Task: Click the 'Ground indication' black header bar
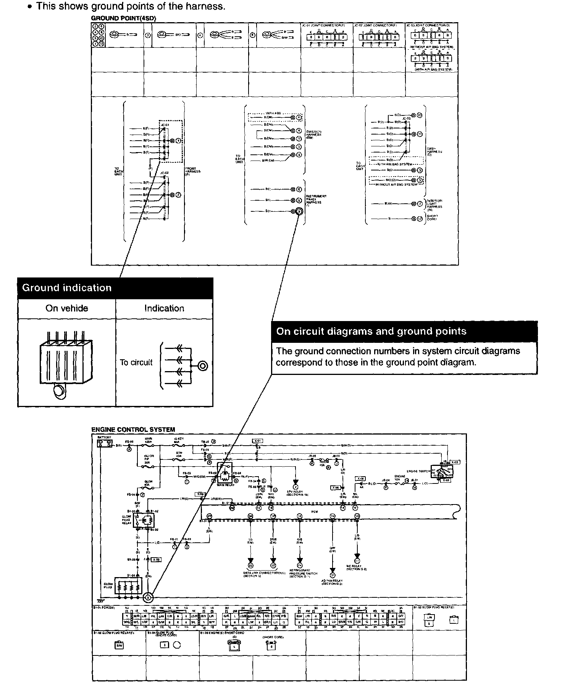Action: tap(115, 288)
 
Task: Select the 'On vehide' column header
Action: tap(66, 308)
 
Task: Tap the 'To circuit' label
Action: tap(136, 362)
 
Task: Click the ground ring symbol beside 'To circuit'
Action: tap(202, 366)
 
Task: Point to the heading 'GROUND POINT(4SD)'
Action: tap(123, 18)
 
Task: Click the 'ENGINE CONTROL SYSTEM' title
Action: tap(133, 430)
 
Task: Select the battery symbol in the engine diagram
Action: tap(105, 443)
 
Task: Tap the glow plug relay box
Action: tap(143, 520)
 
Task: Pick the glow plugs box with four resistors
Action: tap(128, 585)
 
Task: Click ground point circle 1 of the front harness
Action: tap(178, 141)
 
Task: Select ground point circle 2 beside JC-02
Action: tap(178, 195)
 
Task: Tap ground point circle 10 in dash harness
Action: tap(419, 115)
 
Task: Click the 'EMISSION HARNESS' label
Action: tap(314, 135)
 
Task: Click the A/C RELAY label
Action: tap(356, 567)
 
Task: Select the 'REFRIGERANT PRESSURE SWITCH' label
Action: tap(300, 573)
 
